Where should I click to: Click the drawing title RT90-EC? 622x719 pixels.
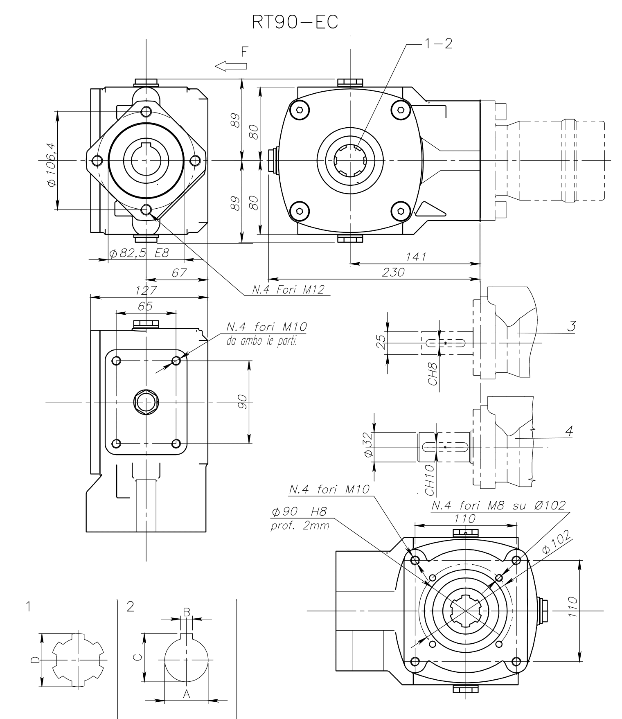295,23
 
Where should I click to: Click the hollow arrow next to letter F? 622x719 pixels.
231,66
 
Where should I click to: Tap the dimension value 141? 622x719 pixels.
416,257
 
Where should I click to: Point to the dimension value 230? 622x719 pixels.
393,272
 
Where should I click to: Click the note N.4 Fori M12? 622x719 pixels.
288,290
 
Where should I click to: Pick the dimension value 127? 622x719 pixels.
146,291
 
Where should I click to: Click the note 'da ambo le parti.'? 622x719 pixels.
261,340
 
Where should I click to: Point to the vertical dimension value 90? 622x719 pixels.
242,402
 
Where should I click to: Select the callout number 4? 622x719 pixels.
568,430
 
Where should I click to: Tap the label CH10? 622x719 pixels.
429,480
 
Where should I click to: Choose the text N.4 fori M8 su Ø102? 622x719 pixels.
498,505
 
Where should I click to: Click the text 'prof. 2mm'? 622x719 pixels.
300,525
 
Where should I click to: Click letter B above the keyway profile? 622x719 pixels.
186,612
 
